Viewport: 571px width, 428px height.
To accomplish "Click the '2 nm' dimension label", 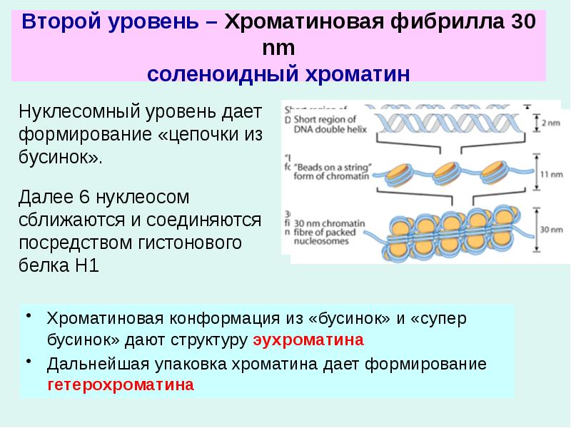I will tap(550, 123).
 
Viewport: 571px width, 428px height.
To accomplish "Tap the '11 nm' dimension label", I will tap(550, 173).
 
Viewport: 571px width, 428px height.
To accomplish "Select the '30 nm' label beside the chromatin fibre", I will tap(550, 230).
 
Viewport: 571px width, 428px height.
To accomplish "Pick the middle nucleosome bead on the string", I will tap(447, 172).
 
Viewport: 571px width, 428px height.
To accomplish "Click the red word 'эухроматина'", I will tap(308, 340).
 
